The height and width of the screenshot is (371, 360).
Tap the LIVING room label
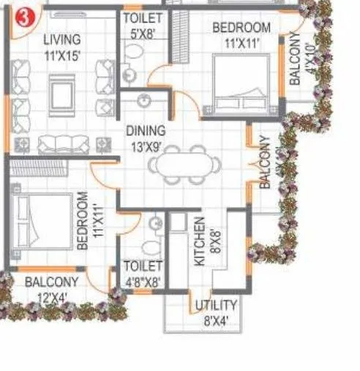61,40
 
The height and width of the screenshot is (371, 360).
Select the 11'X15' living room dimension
61,53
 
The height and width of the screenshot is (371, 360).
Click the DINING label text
146,131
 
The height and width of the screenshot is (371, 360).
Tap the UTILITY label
216,305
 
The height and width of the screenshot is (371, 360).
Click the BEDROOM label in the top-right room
241,28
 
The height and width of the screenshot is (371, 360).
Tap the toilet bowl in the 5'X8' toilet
132,71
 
